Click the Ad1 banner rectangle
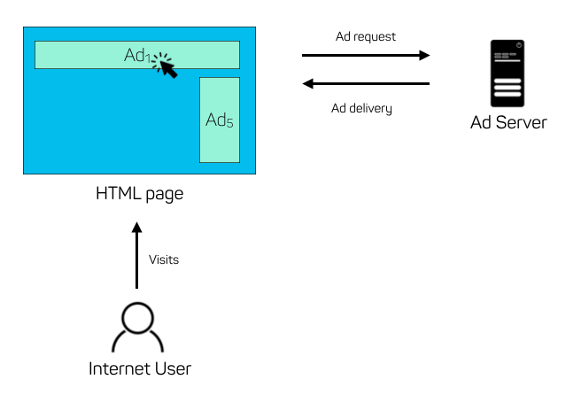tap(89, 55)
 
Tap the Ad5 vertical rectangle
tap(220, 120)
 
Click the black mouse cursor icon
tap(166, 66)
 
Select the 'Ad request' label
tap(366, 37)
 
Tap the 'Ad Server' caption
tap(508, 123)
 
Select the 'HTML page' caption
tap(139, 194)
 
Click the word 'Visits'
tap(164, 259)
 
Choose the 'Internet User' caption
tap(140, 368)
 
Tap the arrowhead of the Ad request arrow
tap(424, 55)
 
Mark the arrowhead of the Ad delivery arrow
tap(308, 84)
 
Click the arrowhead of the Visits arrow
tap(136, 228)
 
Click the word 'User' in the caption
tap(174, 368)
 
